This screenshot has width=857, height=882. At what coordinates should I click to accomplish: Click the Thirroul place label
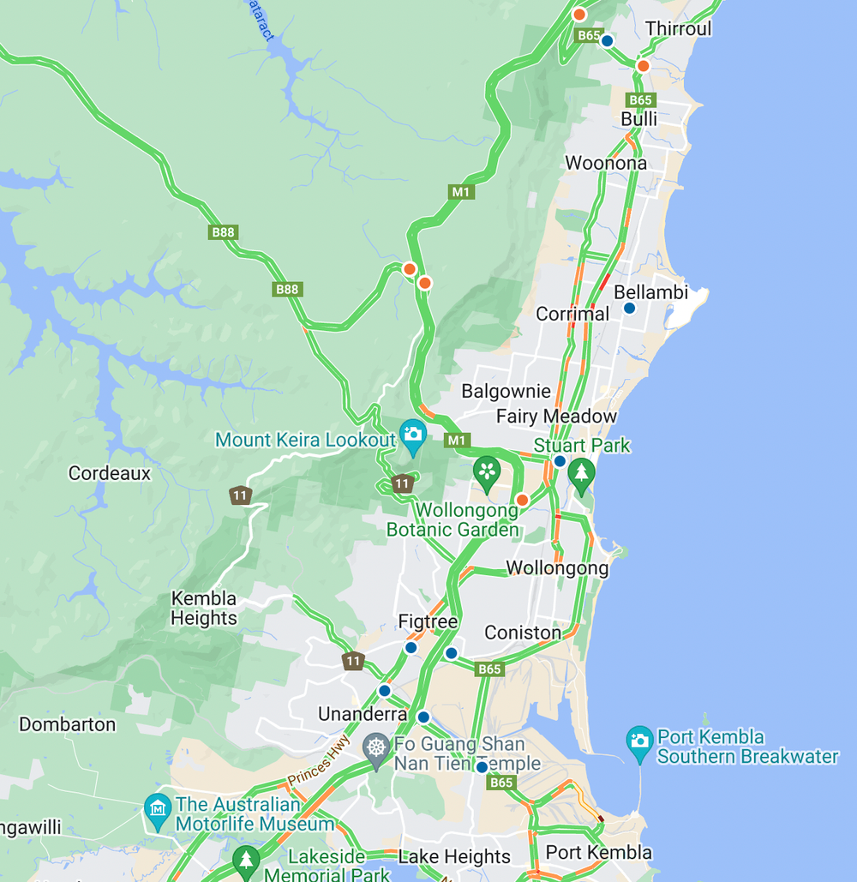(679, 28)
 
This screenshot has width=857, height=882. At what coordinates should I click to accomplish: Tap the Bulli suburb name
(639, 119)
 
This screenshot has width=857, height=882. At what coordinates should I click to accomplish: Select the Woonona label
(606, 163)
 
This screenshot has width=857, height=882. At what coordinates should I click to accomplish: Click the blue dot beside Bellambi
(629, 308)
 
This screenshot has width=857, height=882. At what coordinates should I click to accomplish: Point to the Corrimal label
(572, 314)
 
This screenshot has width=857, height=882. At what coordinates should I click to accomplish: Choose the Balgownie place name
(506, 392)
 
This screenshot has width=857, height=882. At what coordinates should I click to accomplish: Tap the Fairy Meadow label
(556, 417)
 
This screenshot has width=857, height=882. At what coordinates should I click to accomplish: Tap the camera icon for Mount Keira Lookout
(413, 435)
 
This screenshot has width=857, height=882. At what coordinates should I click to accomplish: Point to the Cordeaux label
(109, 473)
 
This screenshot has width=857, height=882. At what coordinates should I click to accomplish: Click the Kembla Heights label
(204, 609)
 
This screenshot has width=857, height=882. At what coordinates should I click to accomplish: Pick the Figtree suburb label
(428, 621)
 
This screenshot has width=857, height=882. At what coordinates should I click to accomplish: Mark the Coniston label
(523, 633)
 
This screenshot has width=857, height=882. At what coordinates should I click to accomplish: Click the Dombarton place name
(67, 724)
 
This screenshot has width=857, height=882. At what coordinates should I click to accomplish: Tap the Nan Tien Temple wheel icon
(376, 747)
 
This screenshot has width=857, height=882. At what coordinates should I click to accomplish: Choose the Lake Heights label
(454, 856)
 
